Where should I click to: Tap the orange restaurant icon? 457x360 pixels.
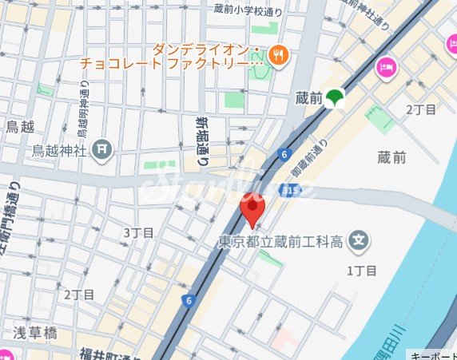(280, 55)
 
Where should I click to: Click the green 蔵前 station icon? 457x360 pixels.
(334, 97)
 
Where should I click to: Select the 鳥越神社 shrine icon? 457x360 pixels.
(102, 148)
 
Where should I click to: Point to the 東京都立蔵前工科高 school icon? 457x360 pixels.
(361, 239)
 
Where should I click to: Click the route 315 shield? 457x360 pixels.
(288, 192)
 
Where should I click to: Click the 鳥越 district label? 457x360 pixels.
(19, 126)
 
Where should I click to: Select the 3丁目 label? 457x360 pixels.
(138, 232)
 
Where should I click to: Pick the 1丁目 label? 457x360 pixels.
(360, 271)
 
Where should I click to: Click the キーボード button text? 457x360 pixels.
(433, 354)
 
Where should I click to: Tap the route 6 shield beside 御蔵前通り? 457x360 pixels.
(284, 152)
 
